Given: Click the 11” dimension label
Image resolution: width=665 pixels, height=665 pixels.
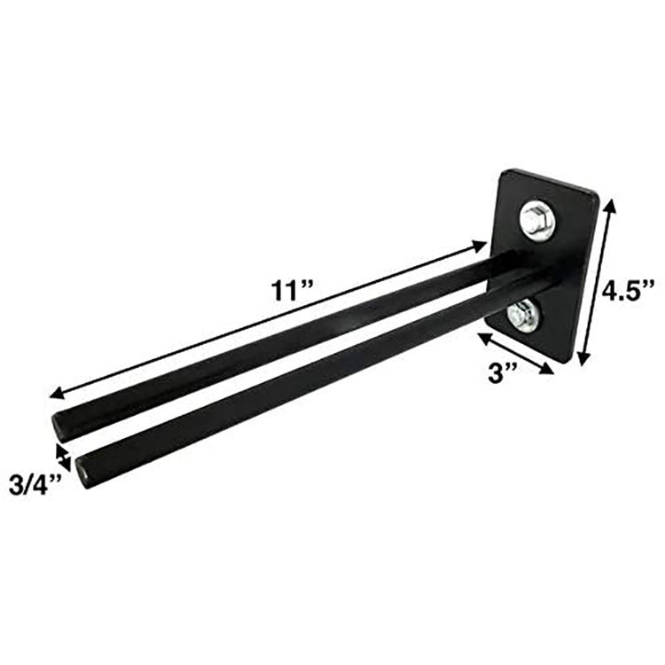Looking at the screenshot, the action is point(293,290).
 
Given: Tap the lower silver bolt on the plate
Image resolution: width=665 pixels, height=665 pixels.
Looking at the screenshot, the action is point(525,314).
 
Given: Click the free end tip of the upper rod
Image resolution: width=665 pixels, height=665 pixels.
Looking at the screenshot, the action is point(58,426).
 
